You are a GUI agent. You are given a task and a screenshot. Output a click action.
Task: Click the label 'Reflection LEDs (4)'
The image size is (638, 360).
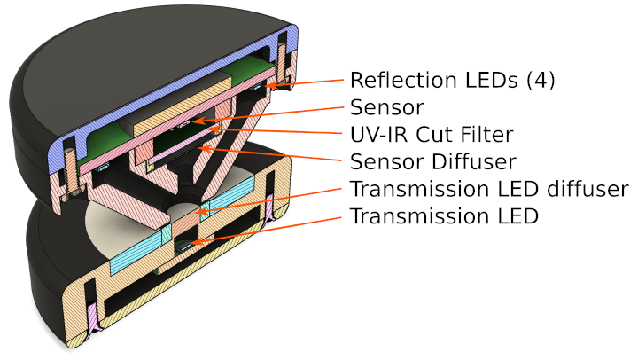coord(452,80)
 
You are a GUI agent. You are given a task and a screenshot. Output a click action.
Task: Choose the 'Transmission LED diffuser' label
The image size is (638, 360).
coord(489,189)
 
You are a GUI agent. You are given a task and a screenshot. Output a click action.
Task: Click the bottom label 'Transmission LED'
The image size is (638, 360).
coord(444,215)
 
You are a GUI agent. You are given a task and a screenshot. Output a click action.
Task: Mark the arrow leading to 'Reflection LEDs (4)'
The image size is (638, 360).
coord(310,82)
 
